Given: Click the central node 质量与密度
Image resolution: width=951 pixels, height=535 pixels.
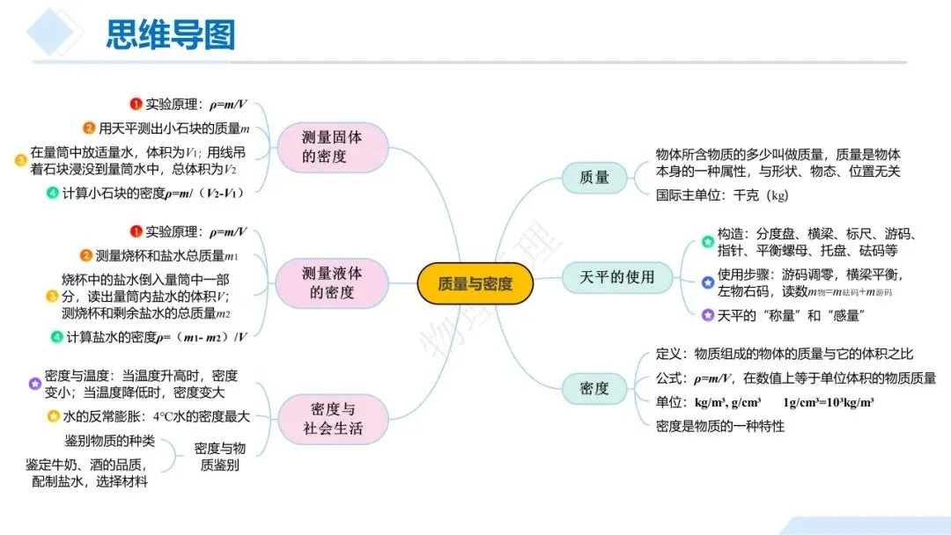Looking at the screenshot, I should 475,283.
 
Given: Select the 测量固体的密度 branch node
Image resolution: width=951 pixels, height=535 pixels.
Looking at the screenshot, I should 332,147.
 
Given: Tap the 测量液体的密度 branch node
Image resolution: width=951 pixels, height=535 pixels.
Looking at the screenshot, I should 332,283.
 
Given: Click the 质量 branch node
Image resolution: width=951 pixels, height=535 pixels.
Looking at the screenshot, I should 594,177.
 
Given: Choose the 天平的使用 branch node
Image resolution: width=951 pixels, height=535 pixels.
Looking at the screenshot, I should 617,277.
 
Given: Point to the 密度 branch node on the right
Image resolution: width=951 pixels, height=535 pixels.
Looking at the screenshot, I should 594,388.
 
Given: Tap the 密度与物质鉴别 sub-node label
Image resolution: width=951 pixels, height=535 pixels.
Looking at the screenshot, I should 220,456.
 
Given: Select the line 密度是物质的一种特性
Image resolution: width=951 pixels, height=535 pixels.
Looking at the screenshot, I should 720,426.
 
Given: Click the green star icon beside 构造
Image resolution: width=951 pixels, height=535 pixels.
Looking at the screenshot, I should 707,242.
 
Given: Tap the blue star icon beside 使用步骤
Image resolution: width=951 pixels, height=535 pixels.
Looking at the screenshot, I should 707,282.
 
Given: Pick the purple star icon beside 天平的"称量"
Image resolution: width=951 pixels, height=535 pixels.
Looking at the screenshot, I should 707,315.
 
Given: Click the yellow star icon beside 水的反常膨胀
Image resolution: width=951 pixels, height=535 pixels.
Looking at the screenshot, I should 53,416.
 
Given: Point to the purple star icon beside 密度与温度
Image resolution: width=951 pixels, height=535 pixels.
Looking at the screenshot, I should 34,384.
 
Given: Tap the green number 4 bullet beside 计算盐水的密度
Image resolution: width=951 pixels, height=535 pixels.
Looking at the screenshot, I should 56,336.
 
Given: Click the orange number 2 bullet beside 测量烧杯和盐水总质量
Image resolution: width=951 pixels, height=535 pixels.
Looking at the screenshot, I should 85,256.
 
